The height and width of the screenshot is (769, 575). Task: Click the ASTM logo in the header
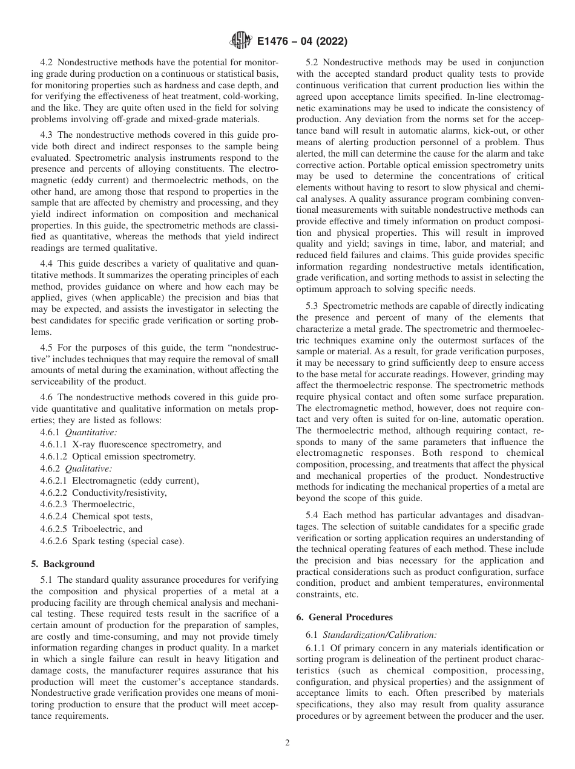(240, 42)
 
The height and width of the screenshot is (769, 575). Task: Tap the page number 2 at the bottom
(287, 743)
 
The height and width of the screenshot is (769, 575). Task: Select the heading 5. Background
(63, 564)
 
